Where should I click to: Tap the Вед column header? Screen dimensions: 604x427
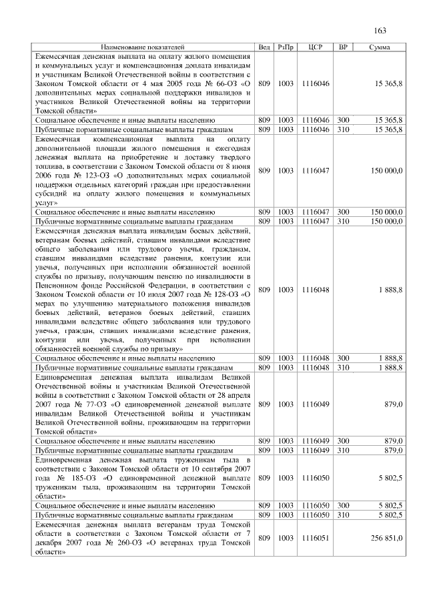point(264,47)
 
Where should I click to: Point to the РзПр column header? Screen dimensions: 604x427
point(286,47)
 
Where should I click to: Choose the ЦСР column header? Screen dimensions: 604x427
point(316,47)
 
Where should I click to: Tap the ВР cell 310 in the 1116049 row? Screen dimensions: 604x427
point(344,450)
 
